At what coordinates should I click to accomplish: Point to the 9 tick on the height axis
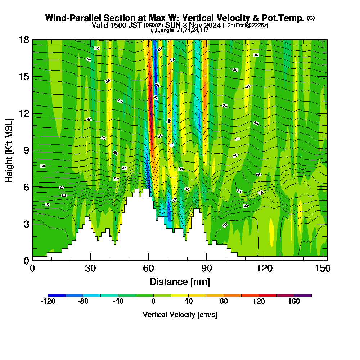click(x=26, y=150)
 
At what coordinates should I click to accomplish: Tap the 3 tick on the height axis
click(x=26, y=224)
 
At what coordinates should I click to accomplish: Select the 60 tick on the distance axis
click(x=148, y=269)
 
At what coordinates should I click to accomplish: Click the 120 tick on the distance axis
click(x=265, y=269)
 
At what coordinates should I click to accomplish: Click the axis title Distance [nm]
click(x=179, y=282)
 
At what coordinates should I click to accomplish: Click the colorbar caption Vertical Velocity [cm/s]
click(x=180, y=315)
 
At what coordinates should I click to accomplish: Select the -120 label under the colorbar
click(x=48, y=302)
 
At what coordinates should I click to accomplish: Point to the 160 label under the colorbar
click(x=294, y=302)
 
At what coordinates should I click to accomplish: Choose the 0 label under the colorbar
click(x=153, y=302)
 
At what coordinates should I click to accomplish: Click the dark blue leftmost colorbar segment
click(x=57, y=295)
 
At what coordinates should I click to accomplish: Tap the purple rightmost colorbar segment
click(x=303, y=295)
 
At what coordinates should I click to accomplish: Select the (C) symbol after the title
click(x=311, y=18)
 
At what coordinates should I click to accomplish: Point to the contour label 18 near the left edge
click(x=47, y=204)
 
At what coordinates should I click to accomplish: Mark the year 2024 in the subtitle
click(x=212, y=26)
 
